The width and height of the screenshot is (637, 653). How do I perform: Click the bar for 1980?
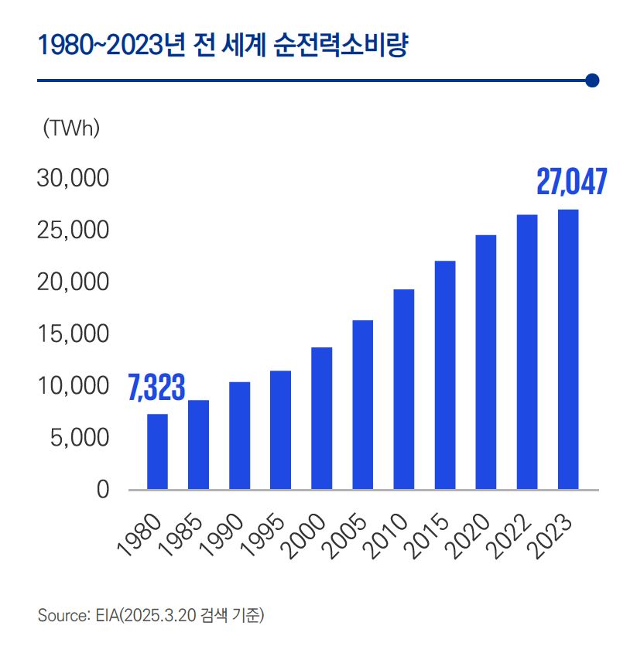pyautogui.click(x=157, y=452)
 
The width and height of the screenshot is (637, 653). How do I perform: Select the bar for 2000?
pyautogui.click(x=321, y=419)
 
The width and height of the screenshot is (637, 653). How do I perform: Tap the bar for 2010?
pyautogui.click(x=403, y=389)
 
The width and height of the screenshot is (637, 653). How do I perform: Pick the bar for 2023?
pyautogui.click(x=568, y=350)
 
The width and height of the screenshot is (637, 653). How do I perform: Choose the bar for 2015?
pyautogui.click(x=445, y=375)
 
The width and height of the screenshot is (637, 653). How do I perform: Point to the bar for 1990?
pyautogui.click(x=239, y=436)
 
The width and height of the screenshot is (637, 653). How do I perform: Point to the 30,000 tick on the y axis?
pyautogui.click(x=72, y=179)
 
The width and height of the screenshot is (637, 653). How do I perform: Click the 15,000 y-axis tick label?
pyautogui.click(x=72, y=334)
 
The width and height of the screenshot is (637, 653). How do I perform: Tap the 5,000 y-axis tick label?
pyautogui.click(x=77, y=438)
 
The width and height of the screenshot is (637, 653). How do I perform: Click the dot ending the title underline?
pyautogui.click(x=593, y=80)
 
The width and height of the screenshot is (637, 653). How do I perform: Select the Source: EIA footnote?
pyautogui.click(x=151, y=616)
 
